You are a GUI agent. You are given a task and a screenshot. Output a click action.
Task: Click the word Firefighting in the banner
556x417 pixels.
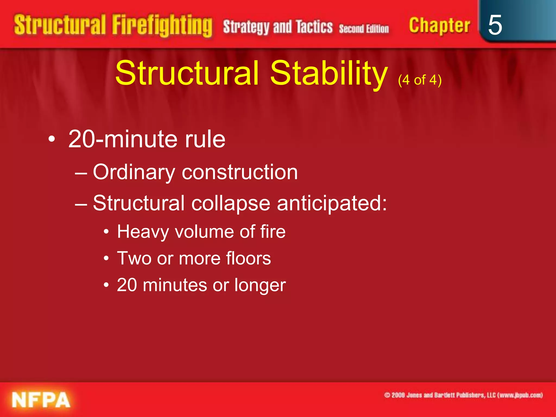[x=162, y=26]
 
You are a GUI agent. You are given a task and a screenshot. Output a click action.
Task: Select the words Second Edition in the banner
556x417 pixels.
[x=364, y=29]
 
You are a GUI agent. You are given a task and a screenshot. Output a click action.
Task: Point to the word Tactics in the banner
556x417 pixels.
[x=314, y=27]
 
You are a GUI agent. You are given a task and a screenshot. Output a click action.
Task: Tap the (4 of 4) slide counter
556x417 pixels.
[x=420, y=80]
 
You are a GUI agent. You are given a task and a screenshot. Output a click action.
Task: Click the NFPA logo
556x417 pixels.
[x=41, y=400]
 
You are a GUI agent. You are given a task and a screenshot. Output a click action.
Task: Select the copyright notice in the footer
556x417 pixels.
[x=463, y=395]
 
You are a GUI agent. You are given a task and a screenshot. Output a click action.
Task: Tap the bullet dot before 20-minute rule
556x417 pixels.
[x=52, y=140]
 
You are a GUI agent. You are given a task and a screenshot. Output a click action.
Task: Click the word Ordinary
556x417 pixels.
[x=134, y=172]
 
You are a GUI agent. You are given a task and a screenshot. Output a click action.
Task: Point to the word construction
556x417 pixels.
[x=240, y=172]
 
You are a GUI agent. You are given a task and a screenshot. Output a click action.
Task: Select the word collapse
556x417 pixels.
[x=230, y=203]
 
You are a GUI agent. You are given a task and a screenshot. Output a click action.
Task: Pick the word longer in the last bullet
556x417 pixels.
[x=260, y=285]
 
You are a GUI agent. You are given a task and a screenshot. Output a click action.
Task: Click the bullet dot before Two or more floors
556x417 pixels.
[x=106, y=258]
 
